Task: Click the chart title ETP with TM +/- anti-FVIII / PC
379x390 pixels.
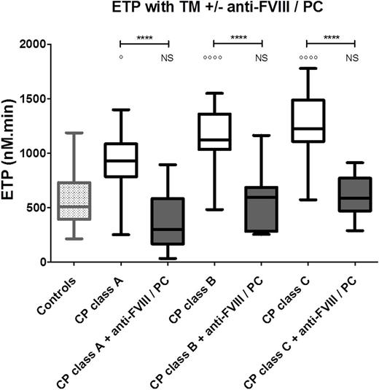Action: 202,9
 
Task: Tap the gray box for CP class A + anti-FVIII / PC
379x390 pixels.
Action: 166,221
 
